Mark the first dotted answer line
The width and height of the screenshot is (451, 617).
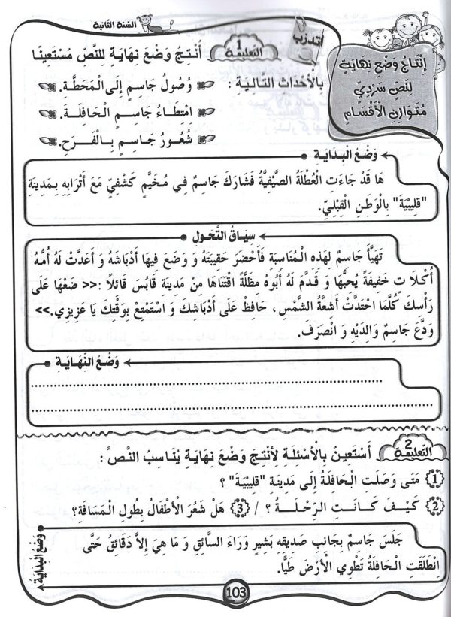point(218,386)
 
